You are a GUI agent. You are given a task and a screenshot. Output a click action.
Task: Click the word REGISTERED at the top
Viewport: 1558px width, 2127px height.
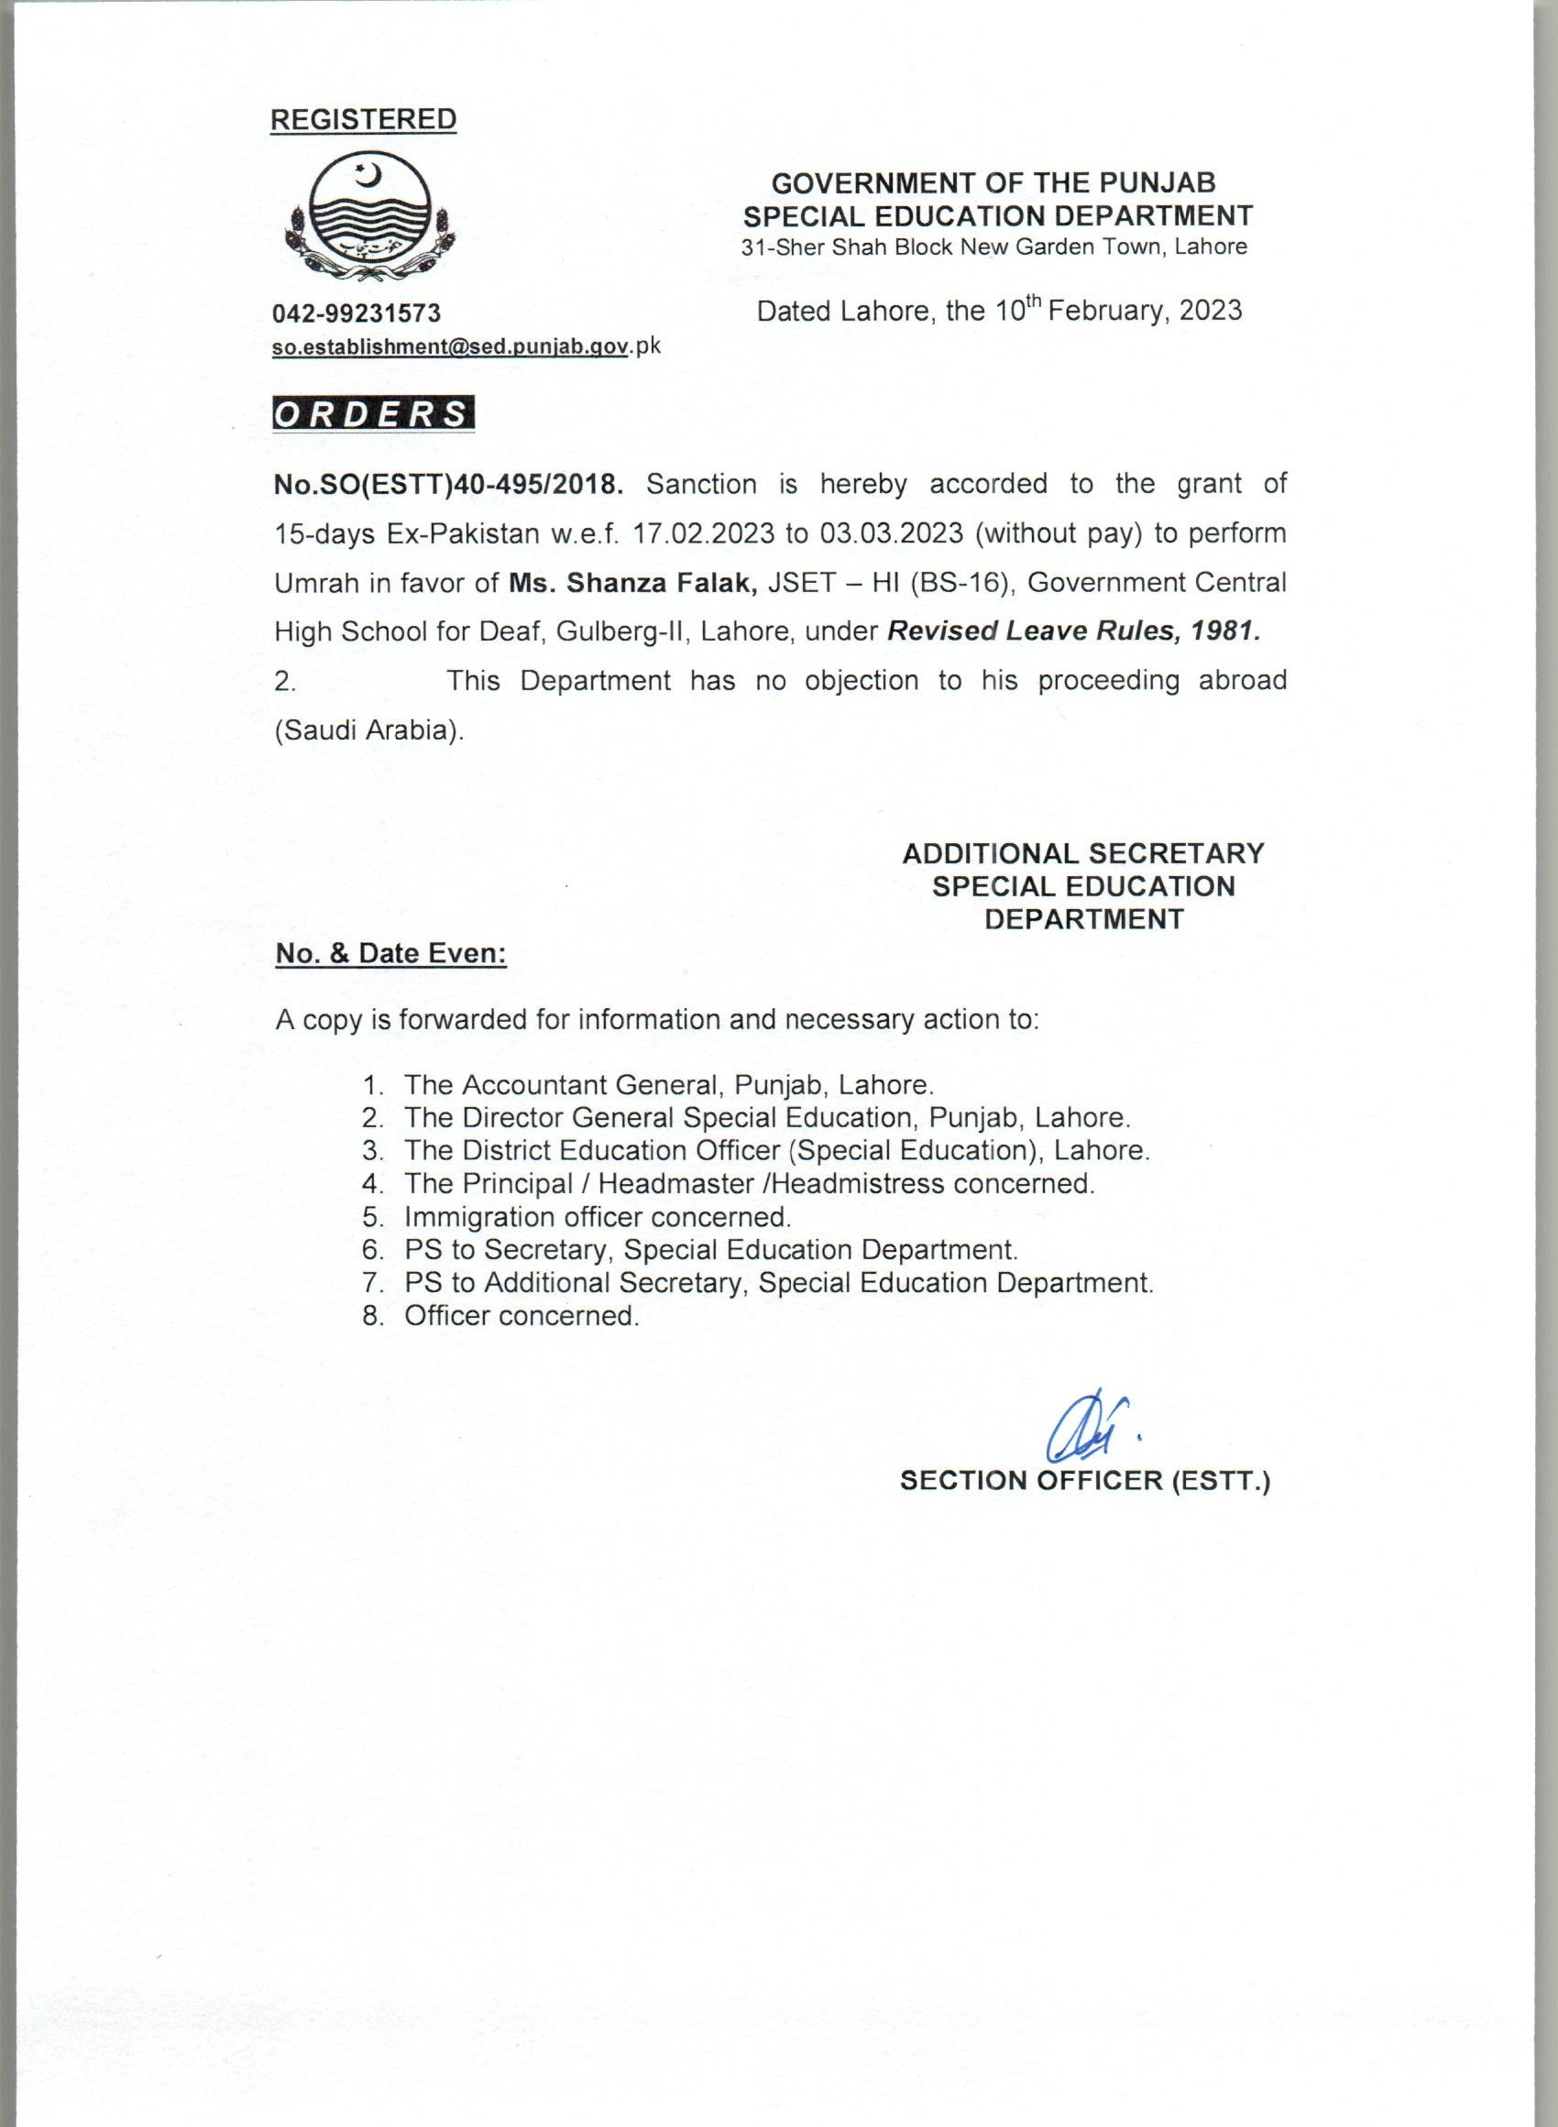pos(363,120)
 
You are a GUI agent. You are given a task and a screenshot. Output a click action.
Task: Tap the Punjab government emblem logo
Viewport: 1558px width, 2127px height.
pos(369,219)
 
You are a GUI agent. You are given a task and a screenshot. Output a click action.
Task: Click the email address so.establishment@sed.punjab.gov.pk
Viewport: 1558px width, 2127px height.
pos(466,346)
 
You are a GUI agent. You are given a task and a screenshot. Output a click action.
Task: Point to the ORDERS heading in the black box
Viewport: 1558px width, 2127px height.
pos(372,415)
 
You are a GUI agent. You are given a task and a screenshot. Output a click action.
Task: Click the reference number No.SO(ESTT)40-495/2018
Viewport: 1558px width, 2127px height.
pos(449,485)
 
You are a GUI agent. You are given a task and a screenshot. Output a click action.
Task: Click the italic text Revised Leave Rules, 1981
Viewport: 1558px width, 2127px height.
pos(1073,631)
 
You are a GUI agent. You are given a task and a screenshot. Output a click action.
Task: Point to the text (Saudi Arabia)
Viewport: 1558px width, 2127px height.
pos(369,730)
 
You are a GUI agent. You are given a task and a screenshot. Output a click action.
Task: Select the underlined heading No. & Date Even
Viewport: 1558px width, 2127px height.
pos(390,953)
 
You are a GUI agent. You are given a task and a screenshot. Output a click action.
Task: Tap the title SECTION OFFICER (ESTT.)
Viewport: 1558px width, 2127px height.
pos(1085,1480)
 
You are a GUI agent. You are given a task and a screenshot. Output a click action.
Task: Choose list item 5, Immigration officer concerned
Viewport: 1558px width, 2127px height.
pos(596,1216)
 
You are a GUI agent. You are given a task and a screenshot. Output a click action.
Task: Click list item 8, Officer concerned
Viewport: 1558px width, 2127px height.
pos(521,1315)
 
